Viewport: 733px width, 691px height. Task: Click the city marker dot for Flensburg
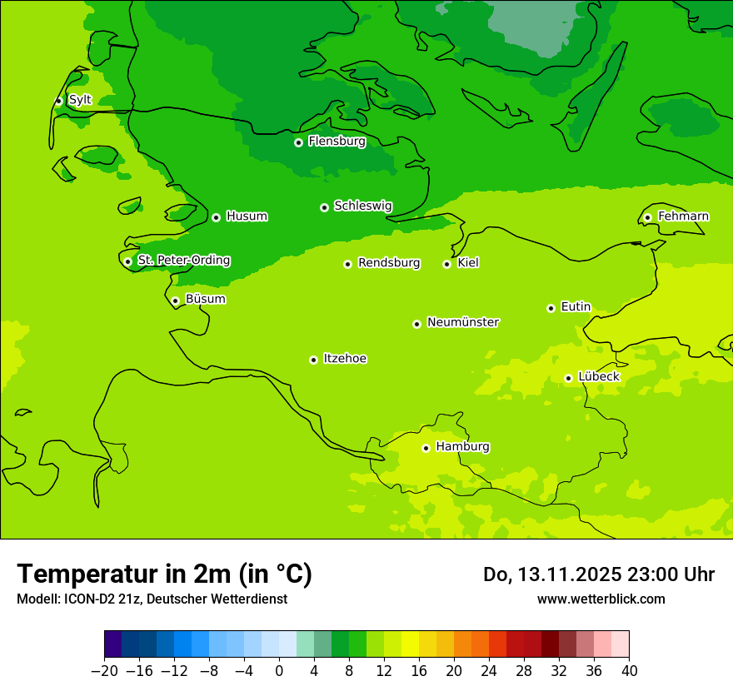[x=298, y=142]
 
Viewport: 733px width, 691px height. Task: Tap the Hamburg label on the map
[x=462, y=446]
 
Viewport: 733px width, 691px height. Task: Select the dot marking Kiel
[x=446, y=264]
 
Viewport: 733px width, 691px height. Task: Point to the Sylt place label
[x=80, y=100]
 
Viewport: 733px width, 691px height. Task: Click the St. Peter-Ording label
[x=183, y=261]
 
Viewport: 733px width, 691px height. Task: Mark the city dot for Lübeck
[x=568, y=378]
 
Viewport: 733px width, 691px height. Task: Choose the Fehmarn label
[x=683, y=216]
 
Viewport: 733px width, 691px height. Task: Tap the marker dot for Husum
[x=216, y=217]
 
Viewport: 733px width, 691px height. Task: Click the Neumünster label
[x=462, y=322]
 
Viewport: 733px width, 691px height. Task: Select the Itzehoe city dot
[x=313, y=360]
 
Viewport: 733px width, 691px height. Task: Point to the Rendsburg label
[x=388, y=263]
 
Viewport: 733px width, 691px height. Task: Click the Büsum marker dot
[x=175, y=301]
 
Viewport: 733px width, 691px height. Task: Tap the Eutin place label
[x=576, y=307]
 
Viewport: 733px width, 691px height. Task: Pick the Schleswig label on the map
[x=362, y=206]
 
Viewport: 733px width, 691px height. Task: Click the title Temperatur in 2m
[x=164, y=574]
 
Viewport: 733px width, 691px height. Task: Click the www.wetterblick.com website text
[x=601, y=599]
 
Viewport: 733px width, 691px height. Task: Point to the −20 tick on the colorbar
[x=104, y=671]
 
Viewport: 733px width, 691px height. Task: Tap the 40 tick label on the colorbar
[x=629, y=671]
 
